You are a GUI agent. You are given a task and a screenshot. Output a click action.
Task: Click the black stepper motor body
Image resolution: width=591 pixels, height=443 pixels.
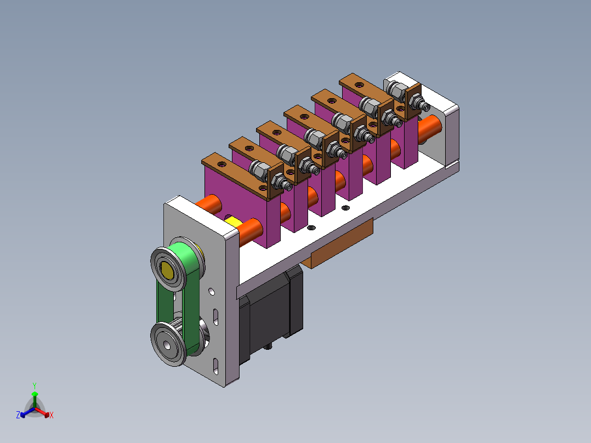[271, 313]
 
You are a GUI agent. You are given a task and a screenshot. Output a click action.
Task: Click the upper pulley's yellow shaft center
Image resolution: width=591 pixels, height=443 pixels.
[167, 270]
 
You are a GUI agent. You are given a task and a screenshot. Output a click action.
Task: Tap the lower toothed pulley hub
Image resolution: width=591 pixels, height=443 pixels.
[168, 345]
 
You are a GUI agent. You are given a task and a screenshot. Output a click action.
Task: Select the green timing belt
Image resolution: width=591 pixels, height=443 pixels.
[178, 298]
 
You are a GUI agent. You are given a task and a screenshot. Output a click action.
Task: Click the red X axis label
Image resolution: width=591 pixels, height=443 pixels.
[52, 415]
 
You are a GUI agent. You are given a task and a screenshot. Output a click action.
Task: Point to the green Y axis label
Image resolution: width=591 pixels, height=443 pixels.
[35, 385]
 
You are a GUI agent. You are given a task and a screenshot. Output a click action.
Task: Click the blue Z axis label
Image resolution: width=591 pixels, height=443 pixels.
[18, 415]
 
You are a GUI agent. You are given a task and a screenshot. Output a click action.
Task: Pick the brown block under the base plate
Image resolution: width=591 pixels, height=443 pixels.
[341, 244]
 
